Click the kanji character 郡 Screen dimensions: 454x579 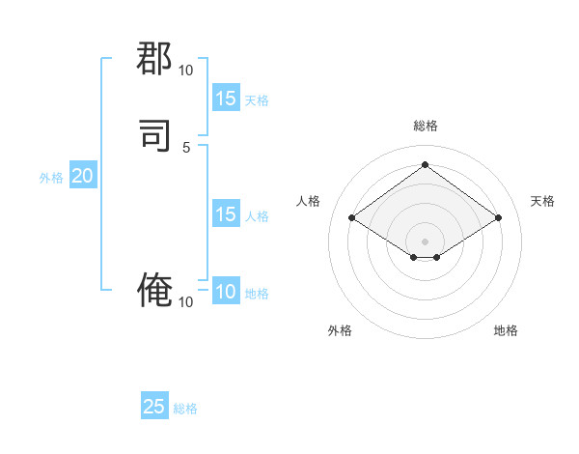point(154,60)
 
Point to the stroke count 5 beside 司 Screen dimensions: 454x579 point(186,148)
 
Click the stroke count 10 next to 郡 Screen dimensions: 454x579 point(185,71)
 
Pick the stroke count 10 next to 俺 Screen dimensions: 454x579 point(185,302)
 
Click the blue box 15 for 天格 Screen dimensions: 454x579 point(226,99)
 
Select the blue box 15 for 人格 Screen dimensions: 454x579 point(226,214)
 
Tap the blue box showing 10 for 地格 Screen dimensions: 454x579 point(226,292)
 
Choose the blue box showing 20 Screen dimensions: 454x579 point(83,176)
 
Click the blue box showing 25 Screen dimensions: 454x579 point(154,407)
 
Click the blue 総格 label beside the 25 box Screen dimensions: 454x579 point(185,409)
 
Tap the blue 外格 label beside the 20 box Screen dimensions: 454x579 point(51,178)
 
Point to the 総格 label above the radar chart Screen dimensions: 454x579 point(425,126)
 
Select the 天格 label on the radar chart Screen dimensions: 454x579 point(542,201)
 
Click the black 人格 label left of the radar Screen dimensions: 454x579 point(309,201)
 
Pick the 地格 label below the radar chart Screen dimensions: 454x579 point(506,330)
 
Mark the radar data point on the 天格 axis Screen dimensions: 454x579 point(498,218)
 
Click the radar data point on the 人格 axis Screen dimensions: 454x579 point(352,218)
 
